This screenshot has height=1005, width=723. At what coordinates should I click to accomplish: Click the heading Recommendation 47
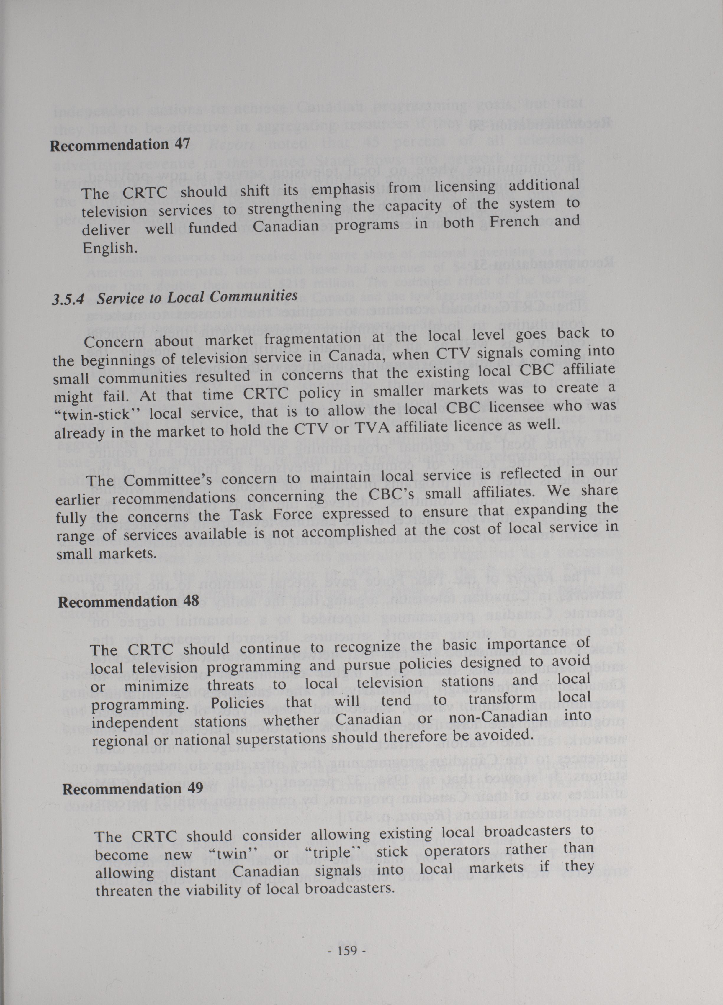[120, 145]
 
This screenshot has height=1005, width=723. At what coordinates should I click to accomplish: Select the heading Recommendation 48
[129, 602]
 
